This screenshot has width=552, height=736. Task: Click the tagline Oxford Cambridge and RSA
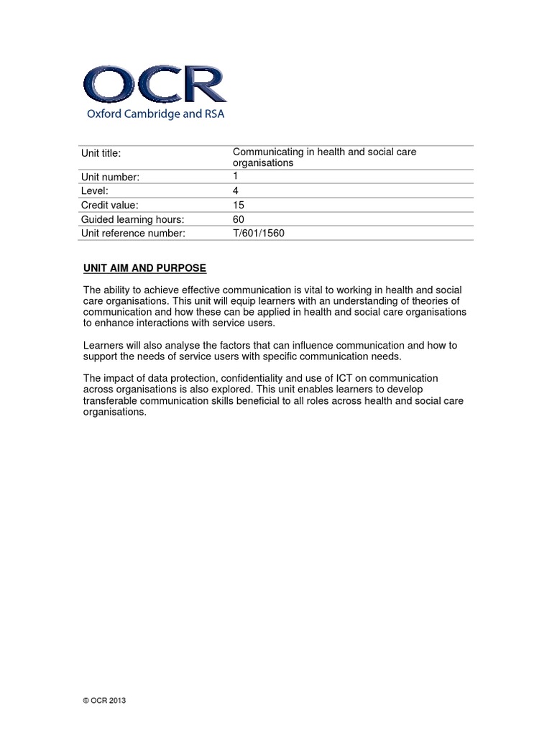155,114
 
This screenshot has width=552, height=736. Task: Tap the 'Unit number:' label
110,177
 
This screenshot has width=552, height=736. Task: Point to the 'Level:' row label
96,190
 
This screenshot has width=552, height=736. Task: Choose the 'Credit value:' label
109,205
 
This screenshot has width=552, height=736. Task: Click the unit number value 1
235,175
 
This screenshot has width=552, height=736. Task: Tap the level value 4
236,190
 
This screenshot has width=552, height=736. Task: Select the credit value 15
239,205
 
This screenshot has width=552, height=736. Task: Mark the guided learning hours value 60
239,219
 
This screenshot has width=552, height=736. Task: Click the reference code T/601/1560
259,233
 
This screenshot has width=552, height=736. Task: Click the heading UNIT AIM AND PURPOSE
144,268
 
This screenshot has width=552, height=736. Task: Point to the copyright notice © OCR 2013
105,700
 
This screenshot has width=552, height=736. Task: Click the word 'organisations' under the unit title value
263,163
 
